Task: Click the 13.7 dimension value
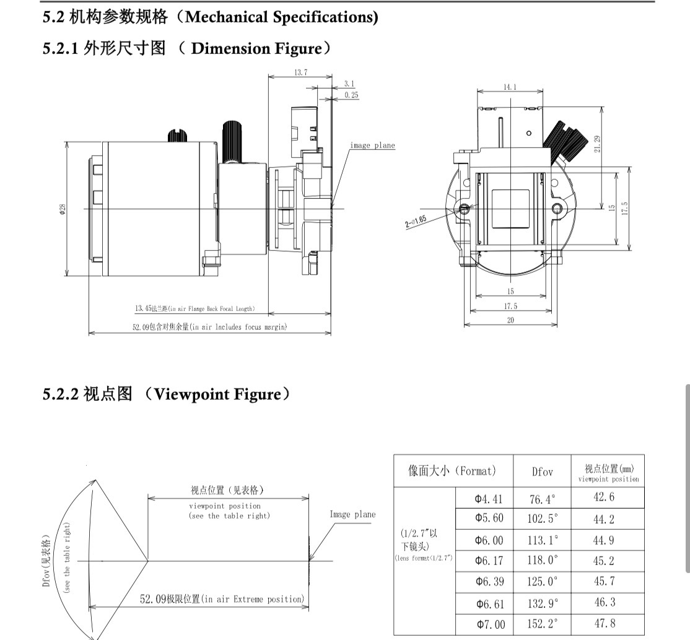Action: [300, 72]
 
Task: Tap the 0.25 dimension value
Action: [351, 95]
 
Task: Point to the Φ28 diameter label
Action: [62, 209]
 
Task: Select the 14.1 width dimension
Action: [510, 87]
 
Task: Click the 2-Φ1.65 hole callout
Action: [416, 221]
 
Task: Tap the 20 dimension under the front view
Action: [510, 320]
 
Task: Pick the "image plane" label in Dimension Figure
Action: [372, 146]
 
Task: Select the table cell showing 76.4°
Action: [542, 498]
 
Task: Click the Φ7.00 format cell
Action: [490, 624]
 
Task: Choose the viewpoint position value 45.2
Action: [603, 561]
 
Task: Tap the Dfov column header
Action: [542, 471]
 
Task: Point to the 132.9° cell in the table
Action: [542, 603]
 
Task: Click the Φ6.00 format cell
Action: [489, 540]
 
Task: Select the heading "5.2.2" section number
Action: [59, 394]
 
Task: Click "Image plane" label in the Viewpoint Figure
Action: [352, 514]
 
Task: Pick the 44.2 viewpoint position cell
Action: [603, 519]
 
